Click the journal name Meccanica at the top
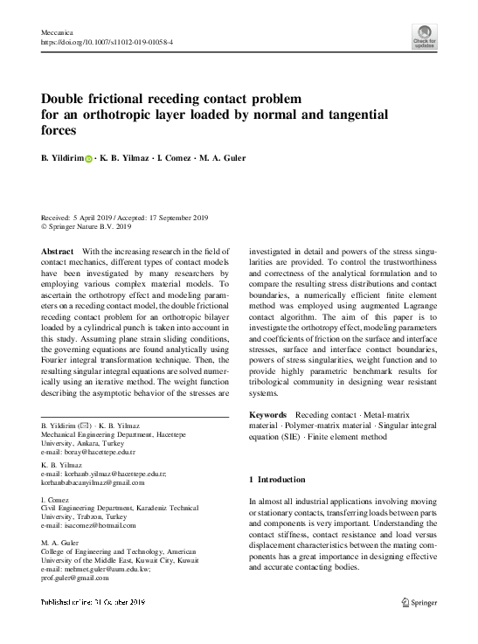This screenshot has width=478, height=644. coord(58,31)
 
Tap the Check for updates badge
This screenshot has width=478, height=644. coord(426,37)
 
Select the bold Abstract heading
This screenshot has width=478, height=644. coord(58,251)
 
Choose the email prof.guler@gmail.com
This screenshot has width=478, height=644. coord(74,578)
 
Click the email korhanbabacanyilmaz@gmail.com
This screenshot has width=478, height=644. coord(93,482)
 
